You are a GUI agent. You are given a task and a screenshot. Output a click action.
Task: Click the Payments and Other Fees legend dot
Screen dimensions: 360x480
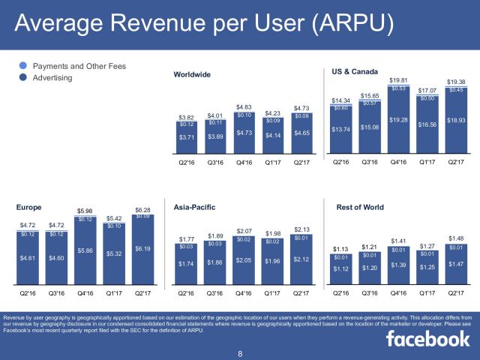(x=23, y=66)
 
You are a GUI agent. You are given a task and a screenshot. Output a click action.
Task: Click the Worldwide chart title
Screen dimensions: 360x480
(x=192, y=75)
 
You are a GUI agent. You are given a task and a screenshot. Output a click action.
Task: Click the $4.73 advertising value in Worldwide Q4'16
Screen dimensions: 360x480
(x=244, y=133)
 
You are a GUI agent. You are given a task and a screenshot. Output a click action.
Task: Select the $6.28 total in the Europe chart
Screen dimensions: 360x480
(x=143, y=209)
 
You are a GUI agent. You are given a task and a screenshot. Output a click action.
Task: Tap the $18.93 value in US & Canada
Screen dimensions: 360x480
(x=455, y=120)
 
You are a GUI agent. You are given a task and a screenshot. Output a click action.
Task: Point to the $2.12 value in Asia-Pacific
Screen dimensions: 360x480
(x=302, y=259)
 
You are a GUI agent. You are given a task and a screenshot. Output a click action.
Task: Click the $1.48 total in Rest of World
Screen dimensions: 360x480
(x=455, y=238)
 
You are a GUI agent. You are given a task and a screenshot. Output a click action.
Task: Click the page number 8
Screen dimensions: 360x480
(x=240, y=352)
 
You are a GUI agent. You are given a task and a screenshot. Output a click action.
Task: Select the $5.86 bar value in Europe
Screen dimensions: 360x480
(x=85, y=250)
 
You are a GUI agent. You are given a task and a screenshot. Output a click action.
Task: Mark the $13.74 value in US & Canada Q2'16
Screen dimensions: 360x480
(x=341, y=130)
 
